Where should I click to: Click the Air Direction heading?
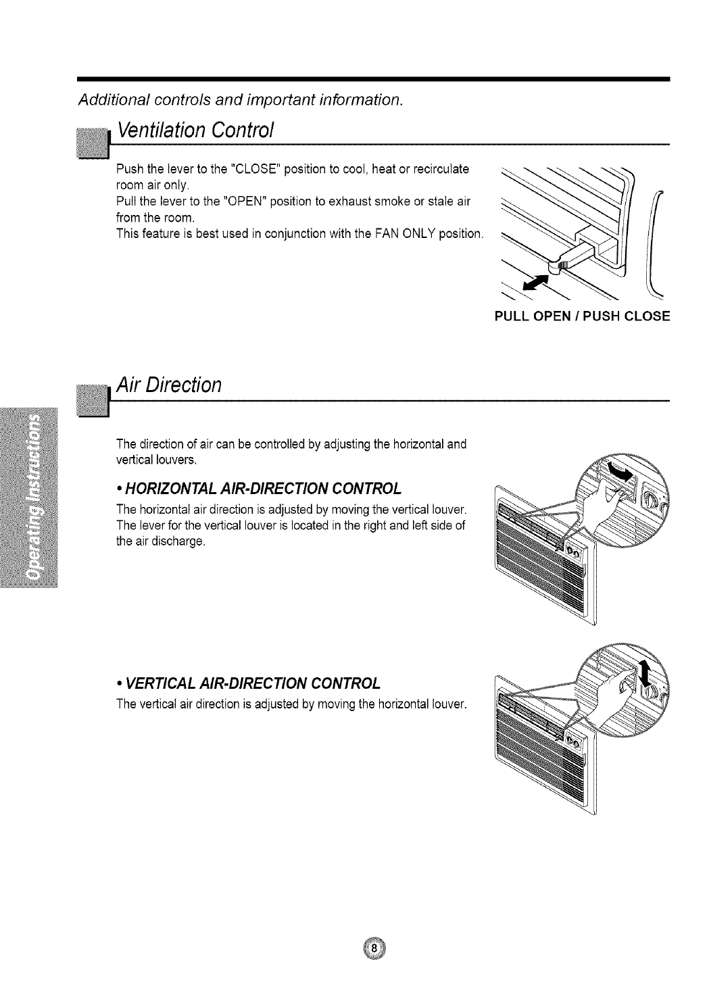point(169,385)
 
